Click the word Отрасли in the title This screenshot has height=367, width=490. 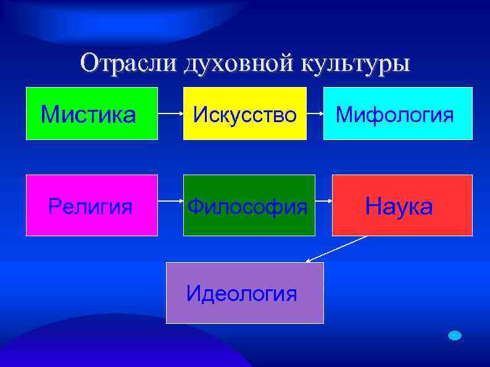127,64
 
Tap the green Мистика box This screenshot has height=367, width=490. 92,113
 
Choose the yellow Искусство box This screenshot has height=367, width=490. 244,113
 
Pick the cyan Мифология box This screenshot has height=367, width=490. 398,113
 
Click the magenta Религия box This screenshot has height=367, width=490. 91,205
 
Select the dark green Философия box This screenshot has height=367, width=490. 249,205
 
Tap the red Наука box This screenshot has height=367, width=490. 402,205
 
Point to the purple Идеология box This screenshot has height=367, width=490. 244,293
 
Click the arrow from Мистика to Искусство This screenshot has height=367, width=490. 170,114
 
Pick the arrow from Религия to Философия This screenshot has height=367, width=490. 170,201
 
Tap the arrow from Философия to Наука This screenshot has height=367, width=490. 323,201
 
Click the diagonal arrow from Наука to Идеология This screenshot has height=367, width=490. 336,249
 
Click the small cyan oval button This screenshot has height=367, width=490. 455,336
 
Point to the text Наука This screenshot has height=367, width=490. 399,207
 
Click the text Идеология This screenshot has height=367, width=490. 241,294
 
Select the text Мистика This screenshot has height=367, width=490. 88,114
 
